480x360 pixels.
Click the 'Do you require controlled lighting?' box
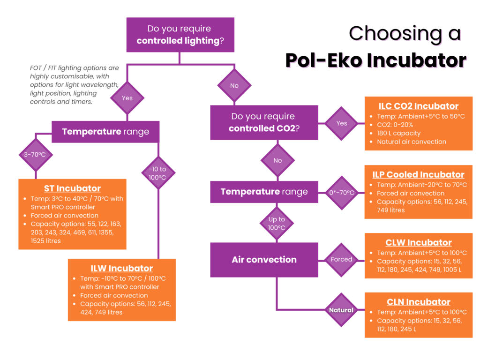coord(180,35)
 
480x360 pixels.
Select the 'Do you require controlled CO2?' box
coord(264,122)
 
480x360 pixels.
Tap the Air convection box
coord(264,260)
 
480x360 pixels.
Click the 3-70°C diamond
coord(36,155)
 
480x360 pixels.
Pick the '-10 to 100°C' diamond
coord(158,173)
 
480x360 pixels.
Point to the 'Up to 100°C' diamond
coord(277,224)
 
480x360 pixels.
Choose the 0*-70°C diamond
coord(342,193)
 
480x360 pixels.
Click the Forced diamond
coord(342,260)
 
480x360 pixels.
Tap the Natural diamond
coord(342,310)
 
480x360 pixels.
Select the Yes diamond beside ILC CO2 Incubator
coord(342,123)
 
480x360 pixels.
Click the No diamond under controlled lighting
coord(234,85)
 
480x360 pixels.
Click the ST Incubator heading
coord(72,188)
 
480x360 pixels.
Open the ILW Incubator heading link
coord(122,269)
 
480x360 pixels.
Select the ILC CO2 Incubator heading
coord(419,106)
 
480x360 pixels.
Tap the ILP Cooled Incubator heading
coord(419,175)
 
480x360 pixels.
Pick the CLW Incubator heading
coord(419,243)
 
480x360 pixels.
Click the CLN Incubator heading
coord(419,302)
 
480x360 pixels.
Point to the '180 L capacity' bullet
coord(398,134)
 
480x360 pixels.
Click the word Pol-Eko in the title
coord(324,60)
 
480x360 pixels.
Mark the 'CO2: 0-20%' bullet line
coord(395,125)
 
